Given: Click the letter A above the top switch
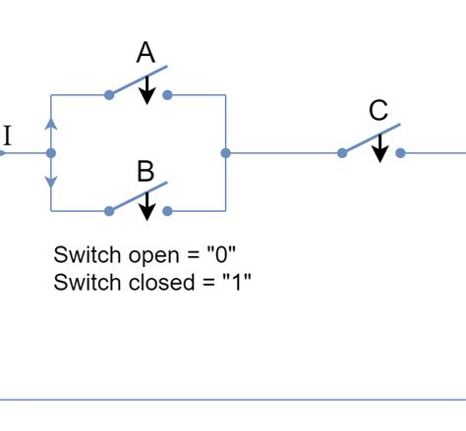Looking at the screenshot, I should pyautogui.click(x=146, y=53).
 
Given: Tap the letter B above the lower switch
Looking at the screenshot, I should pyautogui.click(x=146, y=173).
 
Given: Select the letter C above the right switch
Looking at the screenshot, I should pyautogui.click(x=379, y=112).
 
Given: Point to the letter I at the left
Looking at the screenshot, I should pyautogui.click(x=7, y=136).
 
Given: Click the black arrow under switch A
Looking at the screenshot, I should pyautogui.click(x=146, y=91).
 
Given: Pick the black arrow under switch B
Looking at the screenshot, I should pyautogui.click(x=146, y=206).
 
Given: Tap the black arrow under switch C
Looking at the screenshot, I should pyautogui.click(x=379, y=148).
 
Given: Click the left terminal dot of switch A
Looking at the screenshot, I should pyautogui.click(x=109, y=95).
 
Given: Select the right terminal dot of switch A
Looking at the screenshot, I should pyautogui.click(x=167, y=95).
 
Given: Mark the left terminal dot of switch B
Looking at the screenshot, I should pyautogui.click(x=109, y=210).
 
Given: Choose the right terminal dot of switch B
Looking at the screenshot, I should pyautogui.click(x=167, y=210).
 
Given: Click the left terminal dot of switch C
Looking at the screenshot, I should pyautogui.click(x=342, y=153).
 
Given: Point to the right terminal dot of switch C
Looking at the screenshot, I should pyautogui.click(x=400, y=153).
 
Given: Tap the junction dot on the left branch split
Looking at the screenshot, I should pyautogui.click(x=51, y=153).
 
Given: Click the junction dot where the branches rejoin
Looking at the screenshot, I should pyautogui.click(x=226, y=153).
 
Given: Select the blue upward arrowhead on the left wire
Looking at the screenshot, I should pyautogui.click(x=51, y=125).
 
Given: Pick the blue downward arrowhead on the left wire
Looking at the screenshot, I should pyautogui.click(x=51, y=182).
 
